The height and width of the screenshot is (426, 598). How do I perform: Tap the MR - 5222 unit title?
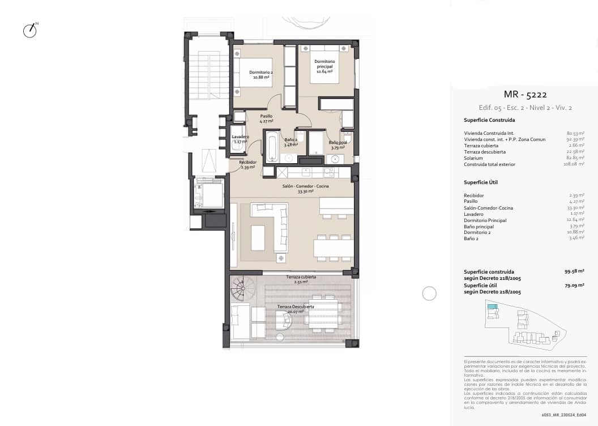(525, 95)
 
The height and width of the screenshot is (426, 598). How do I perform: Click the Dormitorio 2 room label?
(261, 74)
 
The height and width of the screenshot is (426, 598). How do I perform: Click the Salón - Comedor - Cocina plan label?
(305, 188)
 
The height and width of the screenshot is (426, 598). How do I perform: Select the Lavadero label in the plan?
(241, 139)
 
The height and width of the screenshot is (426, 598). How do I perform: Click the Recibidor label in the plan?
(247, 164)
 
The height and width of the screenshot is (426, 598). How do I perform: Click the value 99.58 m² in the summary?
(574, 271)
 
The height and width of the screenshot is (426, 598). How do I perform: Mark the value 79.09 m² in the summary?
(574, 286)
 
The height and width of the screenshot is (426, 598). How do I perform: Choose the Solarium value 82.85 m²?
(575, 158)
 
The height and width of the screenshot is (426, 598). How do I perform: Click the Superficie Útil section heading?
(481, 182)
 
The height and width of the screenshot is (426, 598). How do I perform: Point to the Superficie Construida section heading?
(489, 120)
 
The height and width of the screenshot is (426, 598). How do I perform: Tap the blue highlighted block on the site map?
(493, 307)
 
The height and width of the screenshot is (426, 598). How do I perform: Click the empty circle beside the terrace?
(430, 293)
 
